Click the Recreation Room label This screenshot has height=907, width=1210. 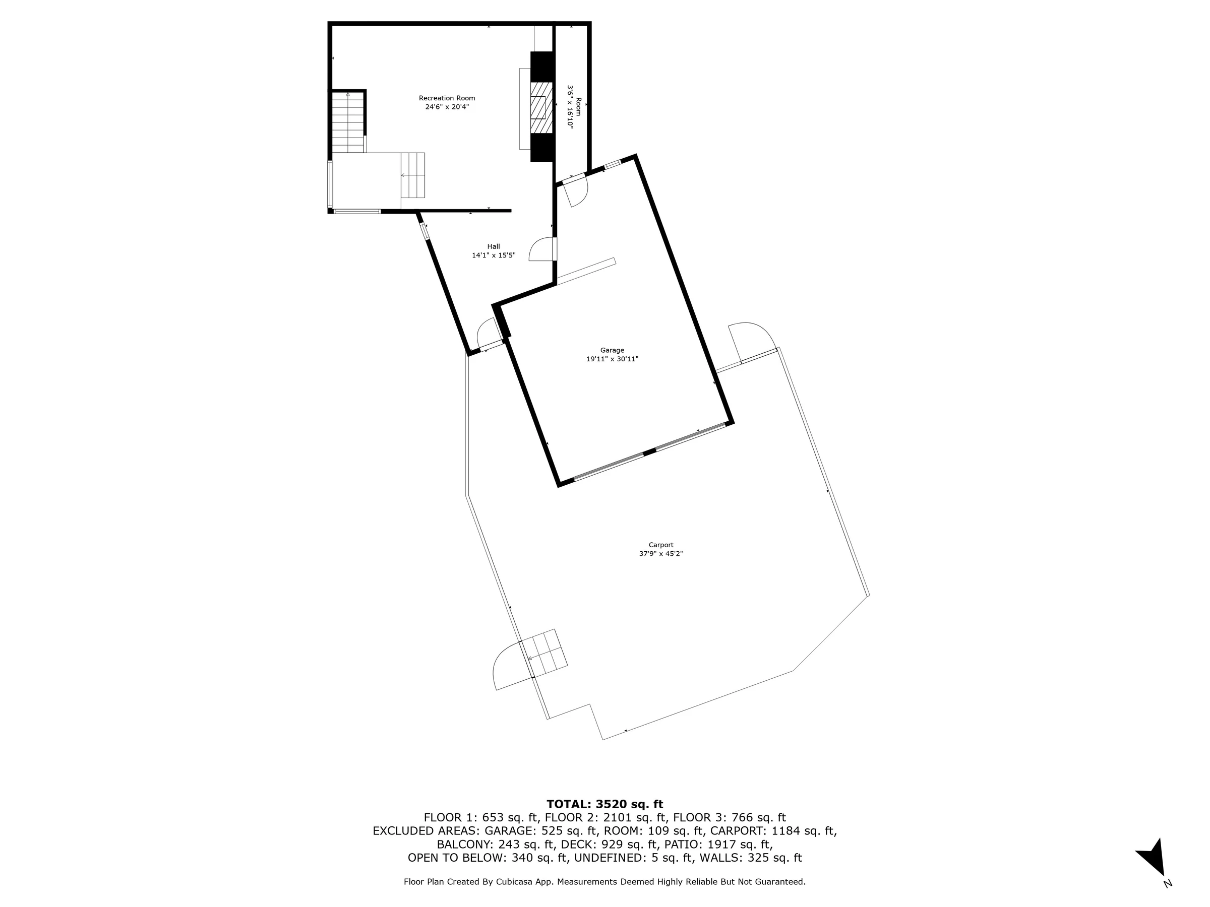pyautogui.click(x=447, y=98)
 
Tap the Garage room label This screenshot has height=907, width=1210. pyautogui.click(x=612, y=350)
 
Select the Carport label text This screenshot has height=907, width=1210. pyautogui.click(x=661, y=545)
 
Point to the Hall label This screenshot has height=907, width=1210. pyautogui.click(x=494, y=246)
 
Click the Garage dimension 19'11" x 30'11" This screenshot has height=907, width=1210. pyautogui.click(x=612, y=359)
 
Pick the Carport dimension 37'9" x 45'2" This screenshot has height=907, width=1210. pyautogui.click(x=661, y=554)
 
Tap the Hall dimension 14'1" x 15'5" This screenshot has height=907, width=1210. pyautogui.click(x=494, y=255)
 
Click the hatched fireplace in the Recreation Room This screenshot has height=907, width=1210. pyautogui.click(x=541, y=108)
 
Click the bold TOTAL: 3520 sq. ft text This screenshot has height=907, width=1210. pyautogui.click(x=604, y=804)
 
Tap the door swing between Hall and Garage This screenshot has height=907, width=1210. pyautogui.click(x=541, y=249)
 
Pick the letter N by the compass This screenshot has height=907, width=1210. pyautogui.click(x=1168, y=883)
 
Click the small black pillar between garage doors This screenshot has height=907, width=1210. pyautogui.click(x=649, y=452)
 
